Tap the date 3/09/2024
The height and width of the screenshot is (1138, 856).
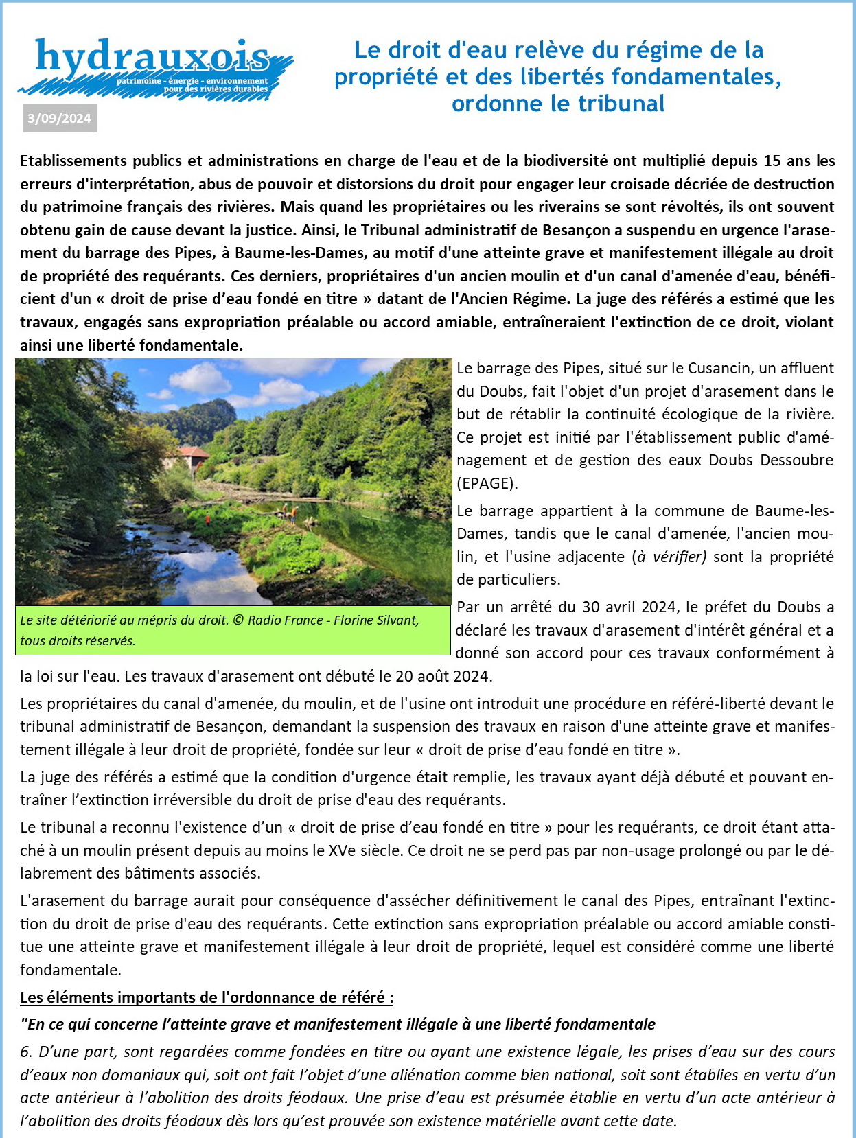pyautogui.click(x=59, y=119)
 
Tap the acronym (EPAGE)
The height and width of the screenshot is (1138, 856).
pyautogui.click(x=487, y=483)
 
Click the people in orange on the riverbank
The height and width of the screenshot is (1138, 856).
pyautogui.click(x=290, y=513)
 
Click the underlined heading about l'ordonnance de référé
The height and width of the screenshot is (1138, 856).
pyautogui.click(x=207, y=997)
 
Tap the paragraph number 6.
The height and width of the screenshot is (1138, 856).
pyautogui.click(x=25, y=1052)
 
